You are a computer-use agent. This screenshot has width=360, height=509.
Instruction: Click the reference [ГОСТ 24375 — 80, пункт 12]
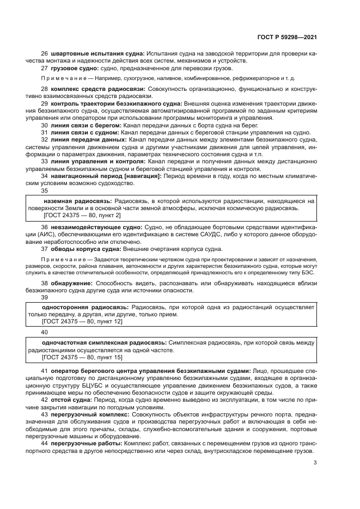[x=83, y=322]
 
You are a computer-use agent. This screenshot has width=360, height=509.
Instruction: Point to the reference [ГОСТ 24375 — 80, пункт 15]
[x=83, y=358]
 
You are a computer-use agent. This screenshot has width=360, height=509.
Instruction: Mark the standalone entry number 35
[x=45, y=191]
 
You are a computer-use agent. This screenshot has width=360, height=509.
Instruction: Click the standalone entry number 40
[x=45, y=332]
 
